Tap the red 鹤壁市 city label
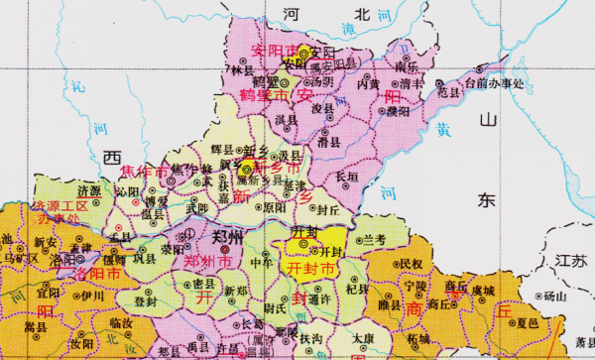[259, 95]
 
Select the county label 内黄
[369, 86]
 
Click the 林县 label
[241, 70]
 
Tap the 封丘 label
[327, 210]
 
